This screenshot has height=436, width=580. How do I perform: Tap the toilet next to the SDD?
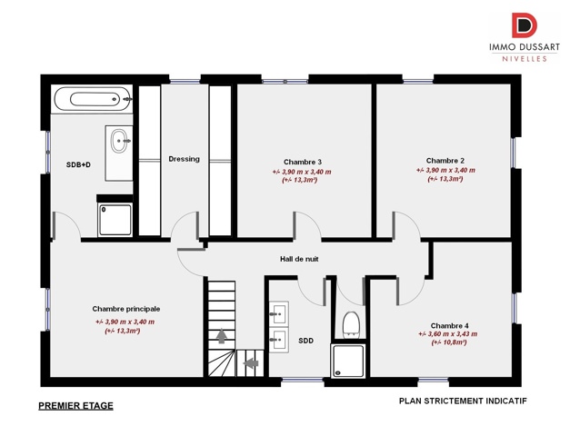(351, 323)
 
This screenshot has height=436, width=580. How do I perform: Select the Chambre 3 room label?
(302, 161)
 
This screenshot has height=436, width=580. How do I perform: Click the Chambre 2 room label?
(445, 160)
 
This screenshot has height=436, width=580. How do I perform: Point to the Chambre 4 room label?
(449, 325)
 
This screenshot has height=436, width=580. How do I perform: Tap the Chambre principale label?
(125, 309)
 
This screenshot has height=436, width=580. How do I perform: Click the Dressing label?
(184, 159)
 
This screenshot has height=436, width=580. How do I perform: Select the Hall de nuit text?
(298, 259)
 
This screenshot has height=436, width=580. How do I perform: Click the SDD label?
(305, 341)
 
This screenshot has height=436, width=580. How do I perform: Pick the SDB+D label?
(79, 164)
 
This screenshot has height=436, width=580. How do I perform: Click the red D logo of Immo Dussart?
(523, 26)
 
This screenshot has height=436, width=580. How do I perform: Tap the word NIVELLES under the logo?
(523, 58)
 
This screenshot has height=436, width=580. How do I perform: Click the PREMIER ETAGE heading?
(76, 406)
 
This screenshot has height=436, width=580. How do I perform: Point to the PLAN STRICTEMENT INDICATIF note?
(463, 401)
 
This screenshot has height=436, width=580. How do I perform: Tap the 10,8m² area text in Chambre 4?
(449, 342)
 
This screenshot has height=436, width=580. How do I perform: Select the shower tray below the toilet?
(349, 361)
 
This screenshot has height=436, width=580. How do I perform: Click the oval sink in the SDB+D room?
(118, 141)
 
